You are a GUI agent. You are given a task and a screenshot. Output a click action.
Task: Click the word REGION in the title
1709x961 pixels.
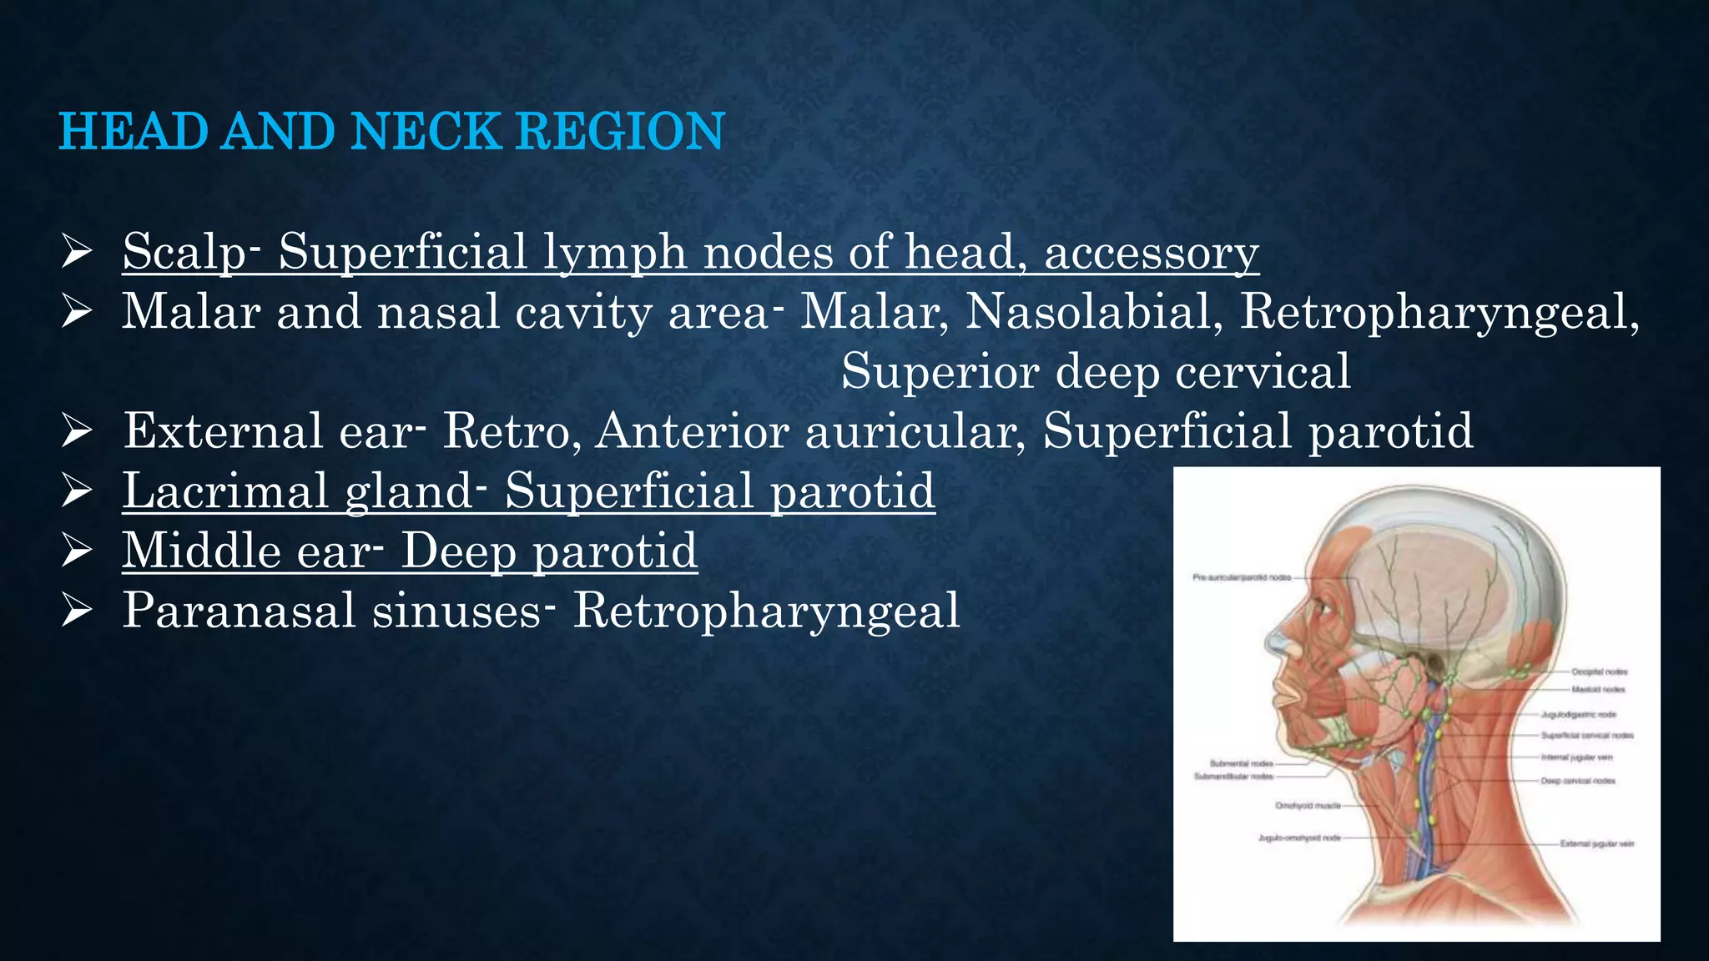620,132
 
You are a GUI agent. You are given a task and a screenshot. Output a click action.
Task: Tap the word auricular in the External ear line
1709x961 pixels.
915,430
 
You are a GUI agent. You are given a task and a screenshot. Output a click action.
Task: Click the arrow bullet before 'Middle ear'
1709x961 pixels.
76,551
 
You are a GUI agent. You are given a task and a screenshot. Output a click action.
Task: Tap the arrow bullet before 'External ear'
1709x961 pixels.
76,430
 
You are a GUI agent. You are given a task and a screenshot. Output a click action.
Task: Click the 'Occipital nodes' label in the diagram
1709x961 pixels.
1599,672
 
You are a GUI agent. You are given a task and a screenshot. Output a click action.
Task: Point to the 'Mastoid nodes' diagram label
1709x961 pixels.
1598,690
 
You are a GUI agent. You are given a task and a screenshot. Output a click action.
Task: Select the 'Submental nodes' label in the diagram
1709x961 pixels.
1241,763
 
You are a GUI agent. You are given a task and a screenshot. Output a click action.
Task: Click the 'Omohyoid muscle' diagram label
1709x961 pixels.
1308,806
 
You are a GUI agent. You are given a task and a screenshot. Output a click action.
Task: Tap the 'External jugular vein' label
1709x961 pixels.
1597,843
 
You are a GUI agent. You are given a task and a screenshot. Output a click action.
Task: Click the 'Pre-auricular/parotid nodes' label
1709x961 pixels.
1242,577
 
